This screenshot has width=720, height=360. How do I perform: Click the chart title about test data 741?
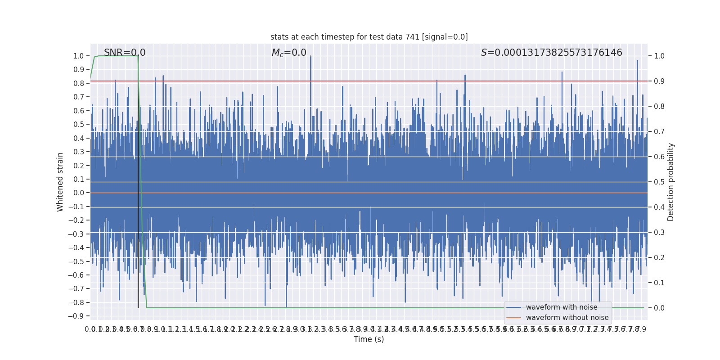click(369, 37)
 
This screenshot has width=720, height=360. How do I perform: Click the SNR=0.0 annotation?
click(125, 53)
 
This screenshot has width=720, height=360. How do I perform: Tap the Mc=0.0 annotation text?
click(289, 53)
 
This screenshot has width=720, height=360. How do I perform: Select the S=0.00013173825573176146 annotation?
click(551, 53)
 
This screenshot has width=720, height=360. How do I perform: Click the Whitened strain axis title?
click(60, 182)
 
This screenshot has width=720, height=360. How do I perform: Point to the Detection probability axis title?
click(670, 182)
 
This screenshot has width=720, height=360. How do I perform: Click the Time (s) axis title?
click(369, 339)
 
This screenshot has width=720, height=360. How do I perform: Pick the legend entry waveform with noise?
click(561, 307)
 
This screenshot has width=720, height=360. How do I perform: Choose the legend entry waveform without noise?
click(567, 318)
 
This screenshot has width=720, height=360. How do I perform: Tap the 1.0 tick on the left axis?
click(79, 56)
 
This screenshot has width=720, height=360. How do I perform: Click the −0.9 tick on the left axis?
click(76, 316)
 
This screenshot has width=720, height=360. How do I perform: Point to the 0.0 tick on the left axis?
click(79, 193)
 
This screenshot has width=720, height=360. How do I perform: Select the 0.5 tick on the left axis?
click(79, 125)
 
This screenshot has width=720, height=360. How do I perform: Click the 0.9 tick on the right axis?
click(659, 81)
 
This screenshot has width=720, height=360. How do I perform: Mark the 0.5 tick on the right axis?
click(659, 182)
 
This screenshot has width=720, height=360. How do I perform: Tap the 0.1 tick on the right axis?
click(659, 283)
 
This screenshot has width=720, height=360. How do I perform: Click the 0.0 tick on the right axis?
click(659, 308)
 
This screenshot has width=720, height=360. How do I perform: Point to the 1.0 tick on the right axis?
click(659, 56)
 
